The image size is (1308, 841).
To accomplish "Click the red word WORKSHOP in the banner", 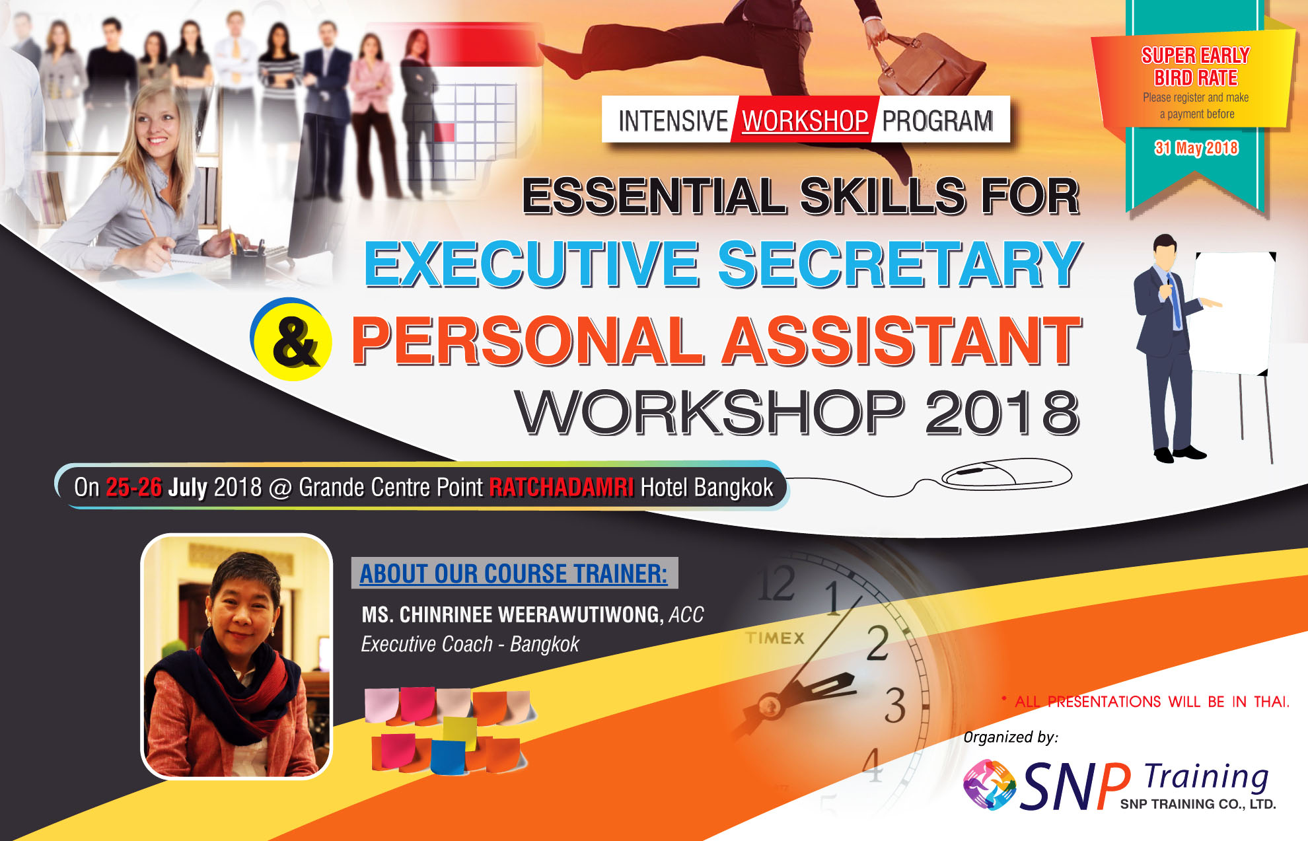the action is click(x=805, y=121).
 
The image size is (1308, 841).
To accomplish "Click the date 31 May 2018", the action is click(x=1196, y=148).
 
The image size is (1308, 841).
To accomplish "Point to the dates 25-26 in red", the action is click(x=133, y=487).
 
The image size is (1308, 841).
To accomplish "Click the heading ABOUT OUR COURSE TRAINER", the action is click(x=513, y=573).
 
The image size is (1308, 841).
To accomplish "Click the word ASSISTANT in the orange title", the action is click(x=901, y=341).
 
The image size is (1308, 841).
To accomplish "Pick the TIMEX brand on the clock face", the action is click(x=775, y=638).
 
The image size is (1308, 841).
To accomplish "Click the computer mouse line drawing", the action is click(x=1006, y=474).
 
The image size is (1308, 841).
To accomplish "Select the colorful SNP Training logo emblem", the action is click(x=989, y=784).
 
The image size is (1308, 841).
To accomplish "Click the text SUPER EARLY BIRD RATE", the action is click(x=1196, y=66).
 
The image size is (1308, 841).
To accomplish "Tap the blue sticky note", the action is click(x=448, y=757).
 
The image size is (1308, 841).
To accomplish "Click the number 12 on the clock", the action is click(x=777, y=584).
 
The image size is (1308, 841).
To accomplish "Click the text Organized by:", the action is click(x=1011, y=737).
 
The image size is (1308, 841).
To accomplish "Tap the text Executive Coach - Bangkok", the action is click(x=470, y=644).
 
